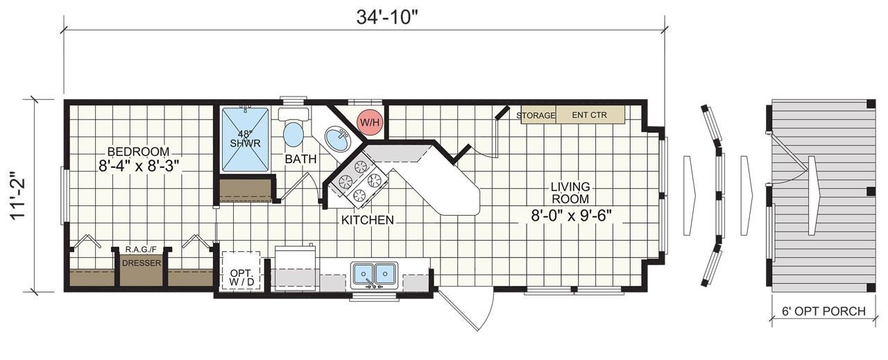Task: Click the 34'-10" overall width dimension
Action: tap(387, 17)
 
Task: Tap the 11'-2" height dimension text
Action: tap(19, 196)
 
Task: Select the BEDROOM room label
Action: tap(137, 151)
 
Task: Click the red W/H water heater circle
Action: tap(369, 122)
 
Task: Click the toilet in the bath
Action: tap(293, 130)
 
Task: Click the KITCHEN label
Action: tap(367, 220)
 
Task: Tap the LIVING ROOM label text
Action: tap(570, 193)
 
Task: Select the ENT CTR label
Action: tap(589, 115)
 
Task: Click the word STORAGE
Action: tap(538, 115)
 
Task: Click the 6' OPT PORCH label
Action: tap(823, 311)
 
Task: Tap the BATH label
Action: tap(300, 159)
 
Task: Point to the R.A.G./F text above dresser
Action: tap(142, 248)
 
